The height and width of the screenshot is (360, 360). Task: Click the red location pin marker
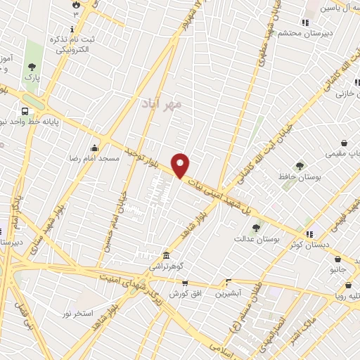[x=181, y=165]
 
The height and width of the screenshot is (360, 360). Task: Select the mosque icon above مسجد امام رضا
[x=95, y=148]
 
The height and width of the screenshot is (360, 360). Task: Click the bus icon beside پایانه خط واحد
[x=26, y=111]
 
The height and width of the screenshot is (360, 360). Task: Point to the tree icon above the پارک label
[x=32, y=67]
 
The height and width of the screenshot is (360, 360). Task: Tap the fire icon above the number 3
[x=76, y=4]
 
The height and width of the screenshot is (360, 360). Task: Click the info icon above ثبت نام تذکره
[x=72, y=27]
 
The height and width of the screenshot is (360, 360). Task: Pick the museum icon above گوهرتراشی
[x=165, y=255]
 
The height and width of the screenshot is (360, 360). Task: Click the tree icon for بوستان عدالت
[x=256, y=228]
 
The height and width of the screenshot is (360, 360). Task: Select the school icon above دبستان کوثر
[x=309, y=233]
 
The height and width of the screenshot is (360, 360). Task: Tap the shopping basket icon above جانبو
[x=338, y=258]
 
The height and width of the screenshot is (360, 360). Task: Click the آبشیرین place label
[x=229, y=292]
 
